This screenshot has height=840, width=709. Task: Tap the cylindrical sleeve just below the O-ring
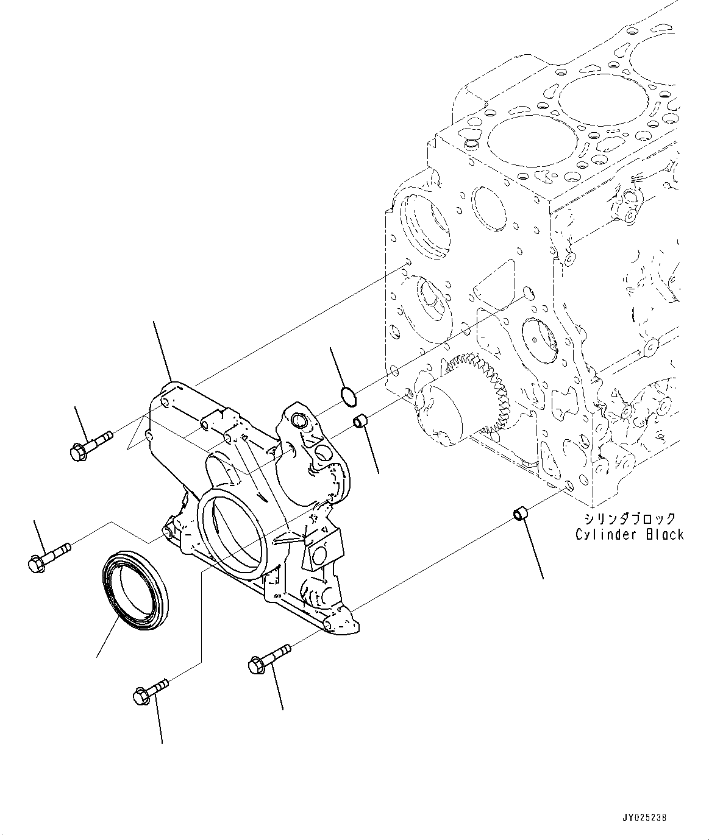361,421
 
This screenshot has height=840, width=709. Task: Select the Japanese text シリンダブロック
630,519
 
